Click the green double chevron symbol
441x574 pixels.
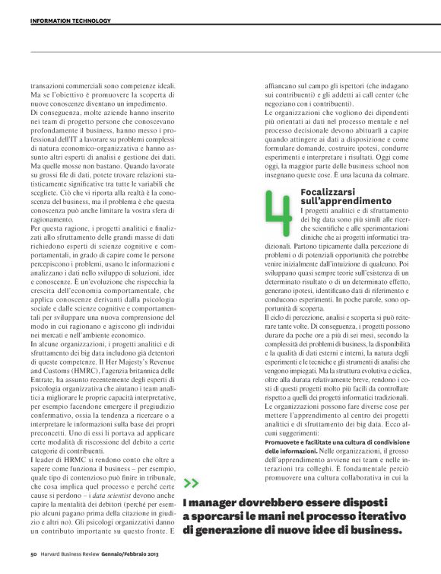click(191, 482)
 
